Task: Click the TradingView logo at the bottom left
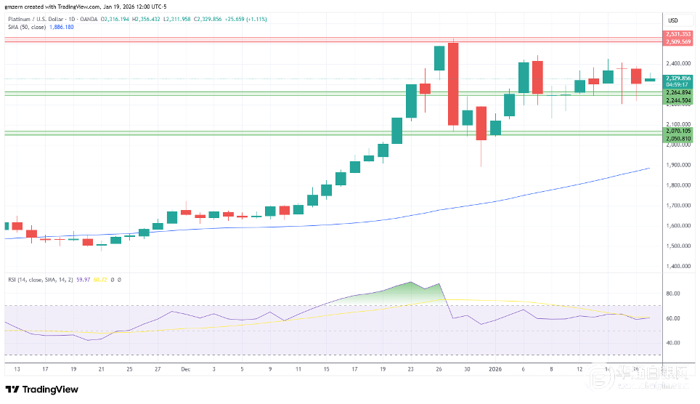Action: [x=42, y=389]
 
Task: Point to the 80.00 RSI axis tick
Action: [x=672, y=294]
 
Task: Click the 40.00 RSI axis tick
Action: [x=672, y=342]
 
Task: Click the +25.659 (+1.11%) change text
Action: [x=247, y=18]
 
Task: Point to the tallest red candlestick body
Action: [x=453, y=84]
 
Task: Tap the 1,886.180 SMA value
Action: [x=62, y=26]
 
